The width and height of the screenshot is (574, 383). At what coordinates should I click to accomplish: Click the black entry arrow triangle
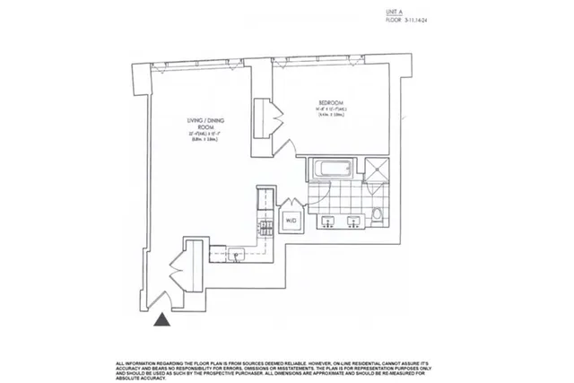[162, 319]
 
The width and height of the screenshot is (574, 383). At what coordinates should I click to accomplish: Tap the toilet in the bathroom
[378, 214]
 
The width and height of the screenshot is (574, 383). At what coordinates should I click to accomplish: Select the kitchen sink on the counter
[235, 254]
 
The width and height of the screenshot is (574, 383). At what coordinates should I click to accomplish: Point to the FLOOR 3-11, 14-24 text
[408, 18]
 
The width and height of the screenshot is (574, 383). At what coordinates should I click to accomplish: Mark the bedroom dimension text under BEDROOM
[333, 112]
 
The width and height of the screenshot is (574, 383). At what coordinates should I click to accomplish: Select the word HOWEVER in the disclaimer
[320, 361]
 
